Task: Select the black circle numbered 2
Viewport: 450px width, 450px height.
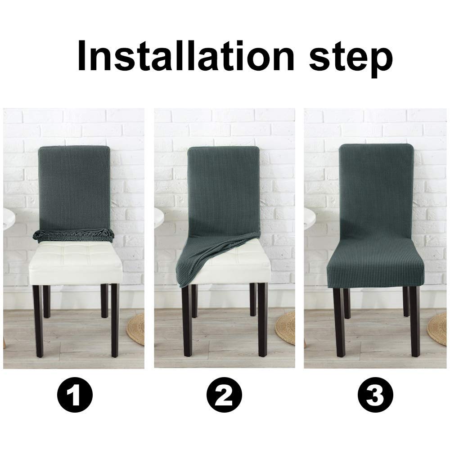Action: click(x=225, y=396)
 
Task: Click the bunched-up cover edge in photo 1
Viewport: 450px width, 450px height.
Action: click(x=74, y=234)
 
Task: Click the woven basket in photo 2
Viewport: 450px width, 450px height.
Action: click(x=286, y=328)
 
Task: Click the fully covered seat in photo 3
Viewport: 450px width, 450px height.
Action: click(x=375, y=265)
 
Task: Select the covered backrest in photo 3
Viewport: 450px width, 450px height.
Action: click(x=375, y=189)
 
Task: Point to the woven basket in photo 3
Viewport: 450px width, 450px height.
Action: click(x=439, y=328)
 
